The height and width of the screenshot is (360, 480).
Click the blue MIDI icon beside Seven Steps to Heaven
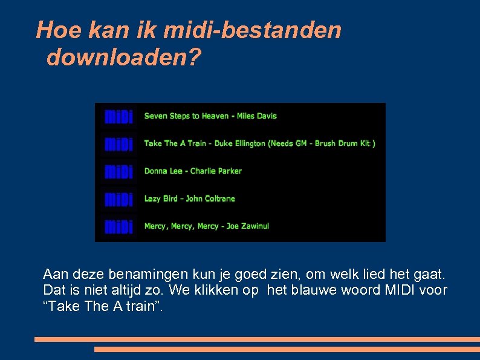pos(119,116)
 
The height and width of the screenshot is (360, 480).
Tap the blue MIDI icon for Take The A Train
pos(119,144)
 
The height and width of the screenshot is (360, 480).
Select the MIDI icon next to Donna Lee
pos(119,171)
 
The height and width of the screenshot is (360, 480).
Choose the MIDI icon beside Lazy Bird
pos(119,199)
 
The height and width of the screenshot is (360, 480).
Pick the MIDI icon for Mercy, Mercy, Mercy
pos(119,226)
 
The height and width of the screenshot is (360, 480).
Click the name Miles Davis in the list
pos(256,116)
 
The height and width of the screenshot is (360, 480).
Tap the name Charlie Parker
pos(216,171)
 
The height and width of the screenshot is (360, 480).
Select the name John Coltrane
pos(210,198)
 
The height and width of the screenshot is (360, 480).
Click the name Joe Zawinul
pos(247,226)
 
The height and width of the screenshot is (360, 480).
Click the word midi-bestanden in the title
pos(242,30)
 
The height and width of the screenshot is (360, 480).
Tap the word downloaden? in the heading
pos(124,57)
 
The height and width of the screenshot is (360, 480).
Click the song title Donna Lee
pos(163,171)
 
